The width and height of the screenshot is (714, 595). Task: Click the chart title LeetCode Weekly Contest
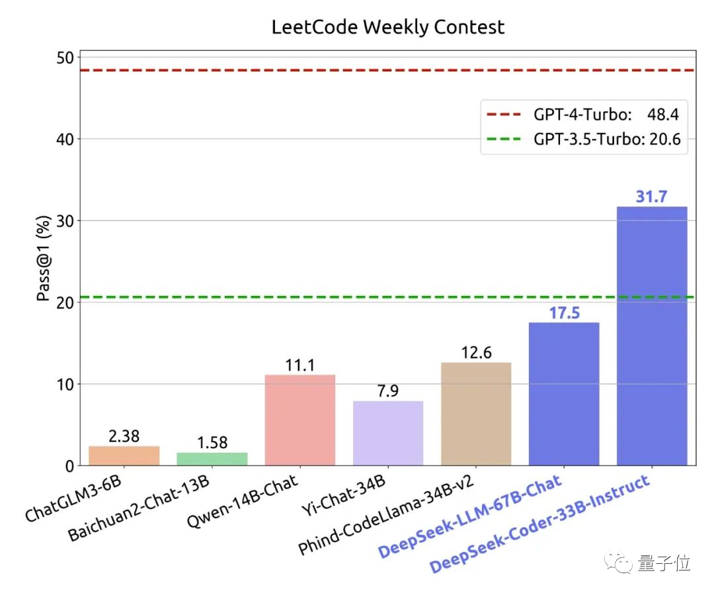pyautogui.click(x=388, y=27)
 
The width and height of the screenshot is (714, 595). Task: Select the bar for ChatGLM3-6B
pyautogui.click(x=124, y=456)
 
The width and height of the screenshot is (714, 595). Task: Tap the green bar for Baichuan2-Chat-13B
pyautogui.click(x=212, y=459)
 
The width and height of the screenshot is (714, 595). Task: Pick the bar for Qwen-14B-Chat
pyautogui.click(x=300, y=420)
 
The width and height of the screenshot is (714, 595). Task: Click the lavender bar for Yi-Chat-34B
pyautogui.click(x=388, y=434)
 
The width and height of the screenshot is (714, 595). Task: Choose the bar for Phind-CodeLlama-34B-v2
pyautogui.click(x=476, y=414)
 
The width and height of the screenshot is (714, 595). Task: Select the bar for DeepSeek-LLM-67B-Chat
pyautogui.click(x=564, y=394)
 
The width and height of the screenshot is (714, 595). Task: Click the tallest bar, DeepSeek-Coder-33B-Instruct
pyautogui.click(x=652, y=336)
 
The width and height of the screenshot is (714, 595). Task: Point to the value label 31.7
pyautogui.click(x=652, y=197)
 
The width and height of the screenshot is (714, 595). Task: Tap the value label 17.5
pyautogui.click(x=564, y=312)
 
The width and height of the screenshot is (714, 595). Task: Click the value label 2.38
pyautogui.click(x=124, y=436)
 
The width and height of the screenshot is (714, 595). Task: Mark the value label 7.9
pyautogui.click(x=388, y=391)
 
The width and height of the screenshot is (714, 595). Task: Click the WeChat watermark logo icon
pyautogui.click(x=621, y=563)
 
